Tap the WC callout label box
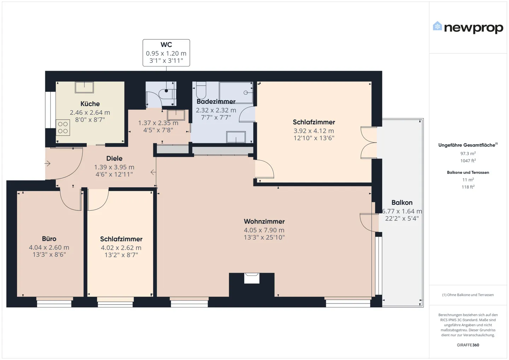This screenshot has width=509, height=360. coord(166,53)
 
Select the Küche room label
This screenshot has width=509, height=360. coord(90,104)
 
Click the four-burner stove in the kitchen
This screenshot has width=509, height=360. coord(63,128)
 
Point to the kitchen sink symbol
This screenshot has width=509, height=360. coord(84,87)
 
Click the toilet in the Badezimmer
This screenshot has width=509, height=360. coord(201,90)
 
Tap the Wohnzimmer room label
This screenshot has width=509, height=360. coord(264,222)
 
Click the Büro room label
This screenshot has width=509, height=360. coord(49,239)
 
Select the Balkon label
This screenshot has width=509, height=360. coord(402,203)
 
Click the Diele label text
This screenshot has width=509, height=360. coord(114,159)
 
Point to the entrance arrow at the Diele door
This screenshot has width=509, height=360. coord(47,163)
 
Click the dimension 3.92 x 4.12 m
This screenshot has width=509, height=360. coord(314,131)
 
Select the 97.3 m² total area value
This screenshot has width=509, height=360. coord(468,154)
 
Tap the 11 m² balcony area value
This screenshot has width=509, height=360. coord(468,180)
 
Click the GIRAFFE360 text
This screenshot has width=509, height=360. coord(468,345)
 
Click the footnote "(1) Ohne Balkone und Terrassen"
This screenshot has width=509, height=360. coord(468,295)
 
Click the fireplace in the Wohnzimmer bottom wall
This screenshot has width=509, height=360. coord(252,278)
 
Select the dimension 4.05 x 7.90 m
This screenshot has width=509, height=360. coord(264,230)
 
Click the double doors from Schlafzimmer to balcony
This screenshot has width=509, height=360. coord(369,142)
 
